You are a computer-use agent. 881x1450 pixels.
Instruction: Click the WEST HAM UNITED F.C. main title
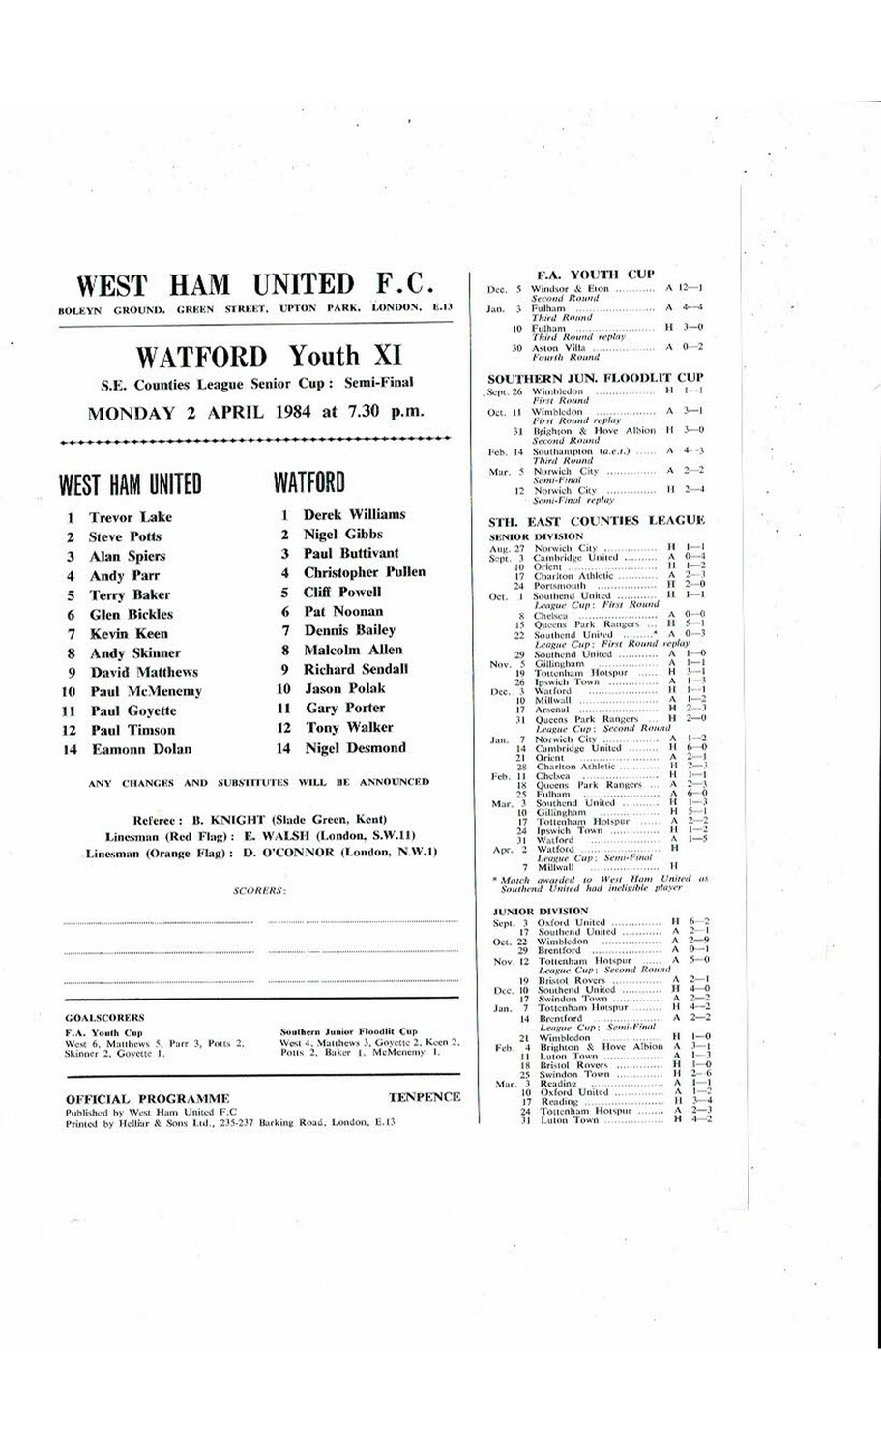tap(255, 285)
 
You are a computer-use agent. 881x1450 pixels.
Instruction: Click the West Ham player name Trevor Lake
tap(131, 517)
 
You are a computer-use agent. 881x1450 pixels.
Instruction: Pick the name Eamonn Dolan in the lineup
tap(141, 749)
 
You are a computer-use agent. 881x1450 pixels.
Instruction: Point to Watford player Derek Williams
tap(354, 514)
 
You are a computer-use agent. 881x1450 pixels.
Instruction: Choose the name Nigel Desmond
tap(354, 747)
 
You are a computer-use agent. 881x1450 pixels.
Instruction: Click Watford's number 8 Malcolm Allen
tap(353, 650)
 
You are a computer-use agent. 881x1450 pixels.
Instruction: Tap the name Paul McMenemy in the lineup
tap(146, 691)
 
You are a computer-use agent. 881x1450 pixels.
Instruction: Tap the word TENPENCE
tap(424, 1097)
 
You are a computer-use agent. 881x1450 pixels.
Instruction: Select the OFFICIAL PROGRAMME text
tap(148, 1098)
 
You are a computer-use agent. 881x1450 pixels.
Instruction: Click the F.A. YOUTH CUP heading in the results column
tap(596, 275)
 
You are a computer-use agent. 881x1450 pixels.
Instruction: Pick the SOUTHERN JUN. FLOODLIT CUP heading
tap(596, 378)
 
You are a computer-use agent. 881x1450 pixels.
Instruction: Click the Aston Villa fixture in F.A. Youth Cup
tap(554, 347)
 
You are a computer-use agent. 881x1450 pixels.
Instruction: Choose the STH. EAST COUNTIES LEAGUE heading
tap(596, 521)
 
